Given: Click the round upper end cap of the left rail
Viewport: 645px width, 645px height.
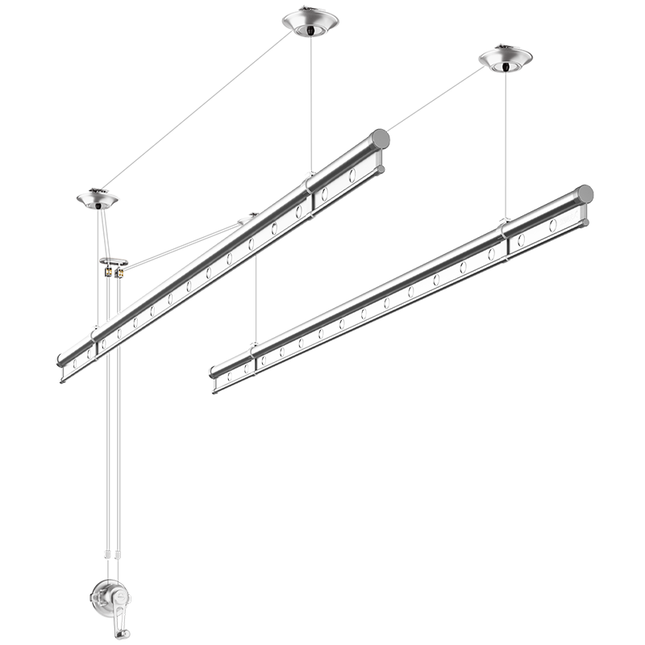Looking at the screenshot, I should click(380, 139).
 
